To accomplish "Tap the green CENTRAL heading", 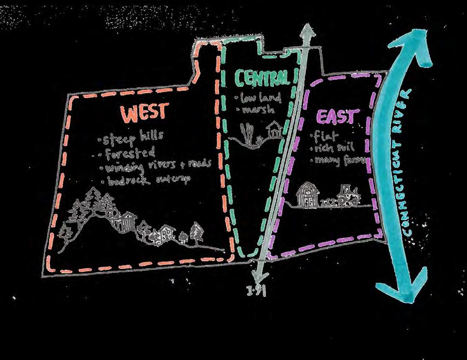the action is [263, 77].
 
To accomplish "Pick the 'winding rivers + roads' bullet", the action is [155, 167].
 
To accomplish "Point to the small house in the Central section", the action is [275, 130].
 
